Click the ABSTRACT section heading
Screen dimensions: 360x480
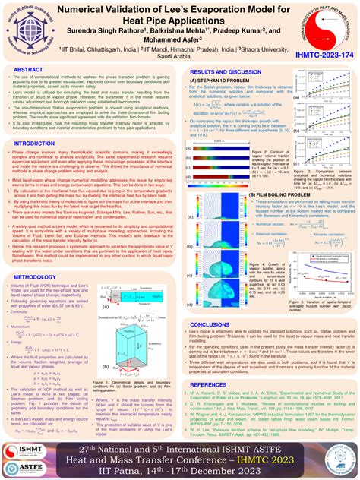point(29,69)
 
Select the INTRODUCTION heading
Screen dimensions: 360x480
point(35,143)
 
